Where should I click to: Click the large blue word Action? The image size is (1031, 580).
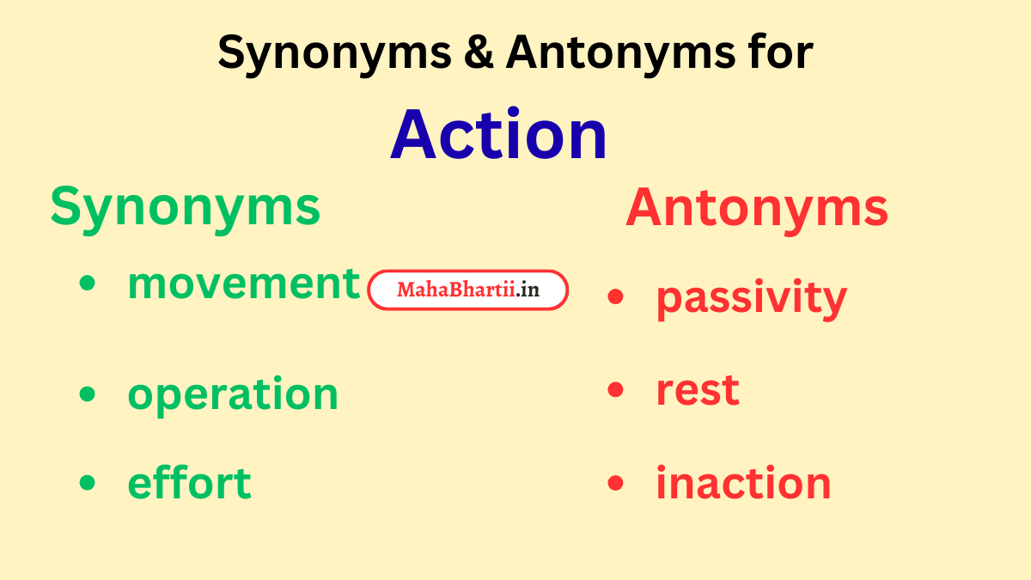click(x=499, y=135)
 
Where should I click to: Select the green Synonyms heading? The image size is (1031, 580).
click(x=185, y=208)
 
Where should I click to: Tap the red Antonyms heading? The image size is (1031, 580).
click(x=757, y=208)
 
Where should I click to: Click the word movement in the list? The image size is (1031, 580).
click(x=243, y=284)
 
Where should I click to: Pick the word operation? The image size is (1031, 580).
click(x=233, y=394)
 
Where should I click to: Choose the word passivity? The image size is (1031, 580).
click(x=751, y=298)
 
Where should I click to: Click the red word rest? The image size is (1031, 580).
click(x=697, y=390)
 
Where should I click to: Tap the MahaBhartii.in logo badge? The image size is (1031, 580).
click(x=468, y=290)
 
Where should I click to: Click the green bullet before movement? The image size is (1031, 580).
click(x=87, y=284)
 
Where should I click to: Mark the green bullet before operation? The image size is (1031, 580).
click(x=87, y=394)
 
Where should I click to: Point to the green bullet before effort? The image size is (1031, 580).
click(x=87, y=483)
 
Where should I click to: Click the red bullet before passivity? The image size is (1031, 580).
click(x=615, y=297)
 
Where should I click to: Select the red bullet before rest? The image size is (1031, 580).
click(x=615, y=390)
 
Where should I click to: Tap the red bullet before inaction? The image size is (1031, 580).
click(x=615, y=483)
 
